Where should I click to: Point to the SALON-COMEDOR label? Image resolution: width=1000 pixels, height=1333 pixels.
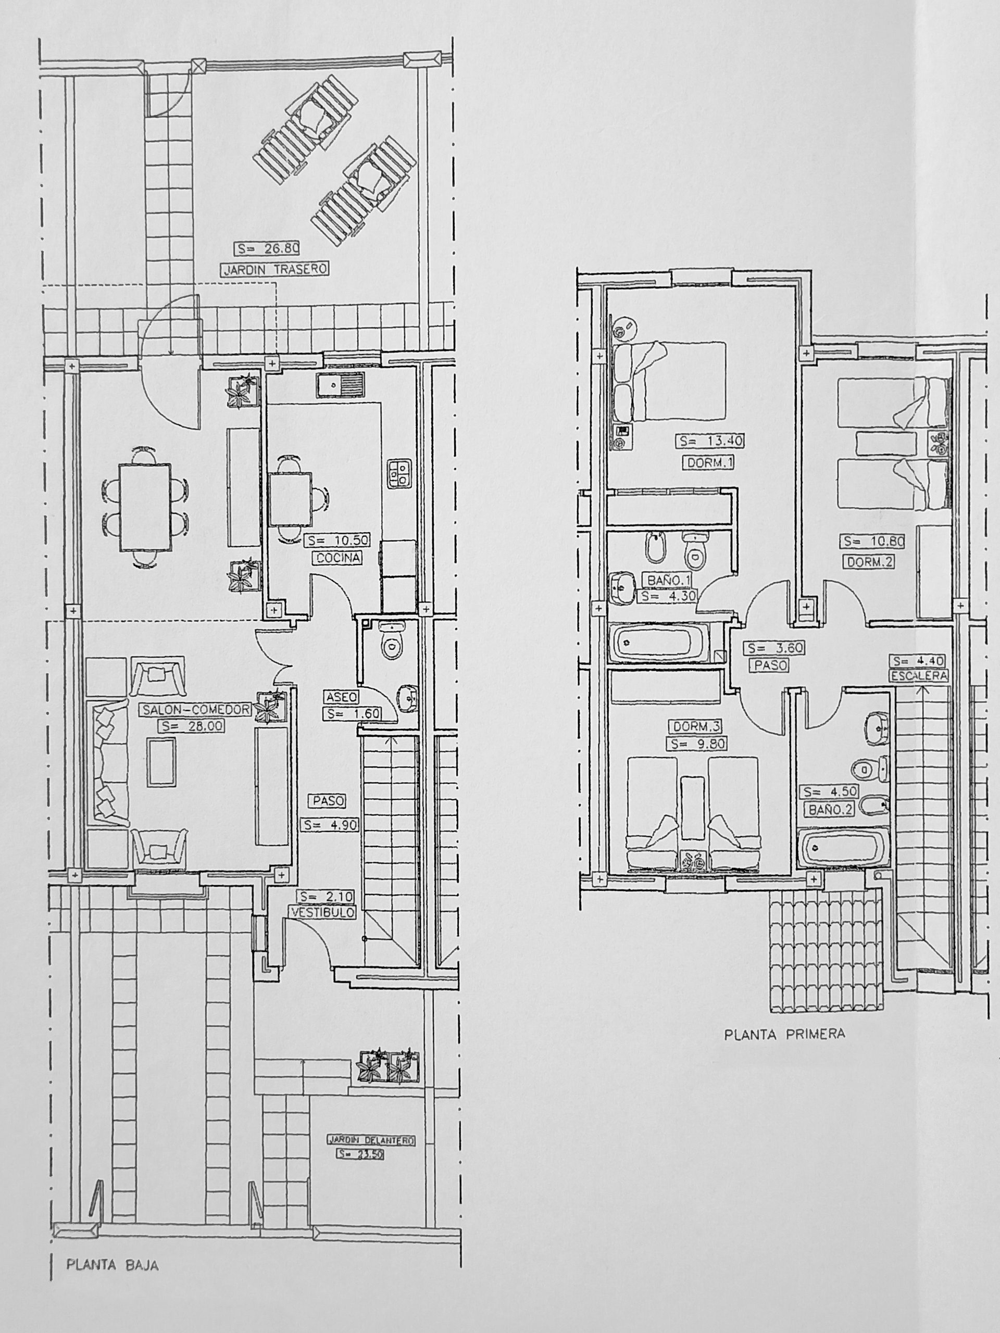pyautogui.click(x=196, y=710)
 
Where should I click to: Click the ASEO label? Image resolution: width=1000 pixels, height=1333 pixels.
pyautogui.click(x=342, y=697)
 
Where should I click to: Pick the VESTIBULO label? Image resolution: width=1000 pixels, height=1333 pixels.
pyautogui.click(x=323, y=913)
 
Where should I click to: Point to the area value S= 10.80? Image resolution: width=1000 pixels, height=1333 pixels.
pyautogui.click(x=874, y=542)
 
